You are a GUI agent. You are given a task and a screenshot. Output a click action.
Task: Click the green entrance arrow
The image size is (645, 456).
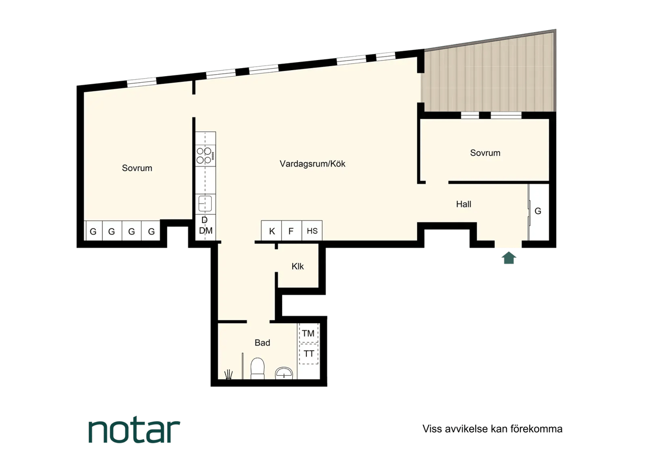pyautogui.click(x=509, y=258)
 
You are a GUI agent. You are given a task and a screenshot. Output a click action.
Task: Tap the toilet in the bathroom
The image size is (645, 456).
pyautogui.click(x=257, y=368)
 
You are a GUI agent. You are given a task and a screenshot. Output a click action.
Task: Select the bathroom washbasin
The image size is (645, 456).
pyautogui.click(x=284, y=373)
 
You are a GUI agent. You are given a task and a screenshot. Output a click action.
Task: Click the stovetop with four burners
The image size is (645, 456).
pyautogui.click(x=206, y=156)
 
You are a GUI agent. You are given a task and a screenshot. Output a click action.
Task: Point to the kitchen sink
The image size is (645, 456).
pyautogui.click(x=205, y=203)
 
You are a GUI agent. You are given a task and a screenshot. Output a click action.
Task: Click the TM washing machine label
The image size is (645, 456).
pyautogui.click(x=308, y=333)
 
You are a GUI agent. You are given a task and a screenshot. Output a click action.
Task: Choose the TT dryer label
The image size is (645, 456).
pyautogui.click(x=309, y=354)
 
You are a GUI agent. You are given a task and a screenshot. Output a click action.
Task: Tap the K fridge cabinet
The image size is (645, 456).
pyautogui.click(x=272, y=231)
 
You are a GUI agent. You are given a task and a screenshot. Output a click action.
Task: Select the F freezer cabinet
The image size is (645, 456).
pyautogui.click(x=291, y=231)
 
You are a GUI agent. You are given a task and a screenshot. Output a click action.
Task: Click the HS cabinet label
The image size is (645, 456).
pyautogui.click(x=312, y=231)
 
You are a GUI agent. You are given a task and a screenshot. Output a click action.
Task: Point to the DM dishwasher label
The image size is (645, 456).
pyautogui.click(x=206, y=231)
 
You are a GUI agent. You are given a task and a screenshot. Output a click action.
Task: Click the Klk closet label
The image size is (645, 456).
pyautogui.click(x=297, y=266)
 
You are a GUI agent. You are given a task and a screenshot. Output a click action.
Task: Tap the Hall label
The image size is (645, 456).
pyautogui.click(x=464, y=204)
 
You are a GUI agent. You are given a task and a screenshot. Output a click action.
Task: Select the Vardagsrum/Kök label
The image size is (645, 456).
pyautogui.click(x=312, y=164)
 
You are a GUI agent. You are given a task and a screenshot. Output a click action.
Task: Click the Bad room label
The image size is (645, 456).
pyautogui.click(x=263, y=343)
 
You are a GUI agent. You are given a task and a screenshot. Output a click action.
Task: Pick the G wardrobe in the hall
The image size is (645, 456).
pyautogui.click(x=539, y=212)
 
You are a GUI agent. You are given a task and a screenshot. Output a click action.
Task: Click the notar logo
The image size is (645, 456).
pyautogui.click(x=134, y=431)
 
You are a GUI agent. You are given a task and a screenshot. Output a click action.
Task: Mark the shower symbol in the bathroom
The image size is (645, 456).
pyautogui.click(x=228, y=374)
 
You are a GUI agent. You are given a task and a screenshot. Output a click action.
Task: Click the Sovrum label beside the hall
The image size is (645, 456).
pyautogui.click(x=485, y=153)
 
